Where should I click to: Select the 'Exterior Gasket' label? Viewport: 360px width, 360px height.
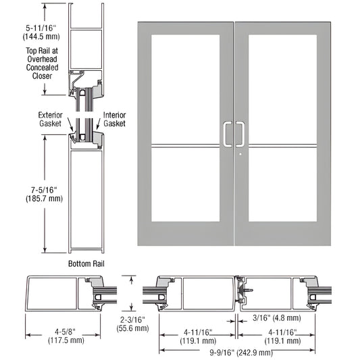click(x=50, y=120)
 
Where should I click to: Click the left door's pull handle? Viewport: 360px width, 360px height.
click(x=226, y=134)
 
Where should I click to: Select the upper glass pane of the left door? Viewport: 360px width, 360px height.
click(x=186, y=88)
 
